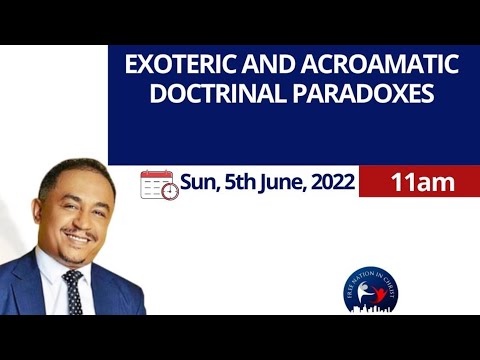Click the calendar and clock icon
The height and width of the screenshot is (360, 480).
coord(159,185)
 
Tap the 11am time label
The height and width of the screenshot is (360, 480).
coord(423,183)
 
